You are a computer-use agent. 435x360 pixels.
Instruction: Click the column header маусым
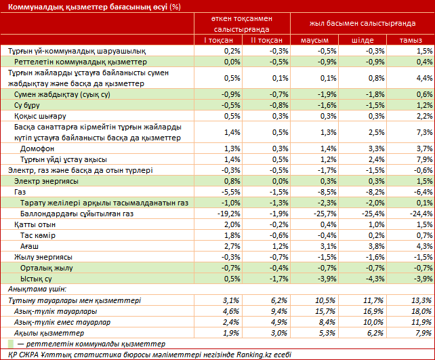314,41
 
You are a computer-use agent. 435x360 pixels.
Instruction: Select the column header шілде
362,41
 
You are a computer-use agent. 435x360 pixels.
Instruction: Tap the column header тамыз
411,41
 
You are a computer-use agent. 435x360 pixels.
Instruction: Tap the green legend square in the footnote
10,344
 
